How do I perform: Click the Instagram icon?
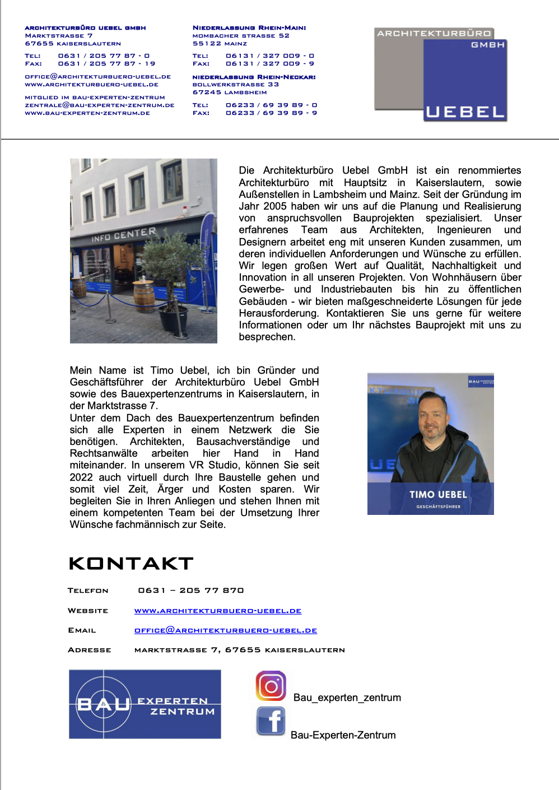point(271,686)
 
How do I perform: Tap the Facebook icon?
point(271,721)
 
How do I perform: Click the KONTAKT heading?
point(131,564)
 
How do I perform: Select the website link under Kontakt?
point(218,611)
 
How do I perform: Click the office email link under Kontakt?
point(226,630)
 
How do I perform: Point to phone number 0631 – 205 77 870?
point(191,591)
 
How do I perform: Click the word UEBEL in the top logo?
point(465,112)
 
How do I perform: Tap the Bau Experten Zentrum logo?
point(145,704)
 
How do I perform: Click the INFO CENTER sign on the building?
point(124,235)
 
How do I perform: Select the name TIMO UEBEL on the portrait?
point(438,495)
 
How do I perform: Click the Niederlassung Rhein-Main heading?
point(249,27)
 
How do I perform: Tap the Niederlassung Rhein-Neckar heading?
point(254,77)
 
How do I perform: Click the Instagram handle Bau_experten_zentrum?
point(347,698)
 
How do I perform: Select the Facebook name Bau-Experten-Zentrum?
point(343,735)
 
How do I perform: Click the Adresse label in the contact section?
point(90,650)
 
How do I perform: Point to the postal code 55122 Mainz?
point(220,43)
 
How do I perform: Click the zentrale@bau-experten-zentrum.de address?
point(100,105)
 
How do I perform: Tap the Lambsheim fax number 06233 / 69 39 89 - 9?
point(271,113)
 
